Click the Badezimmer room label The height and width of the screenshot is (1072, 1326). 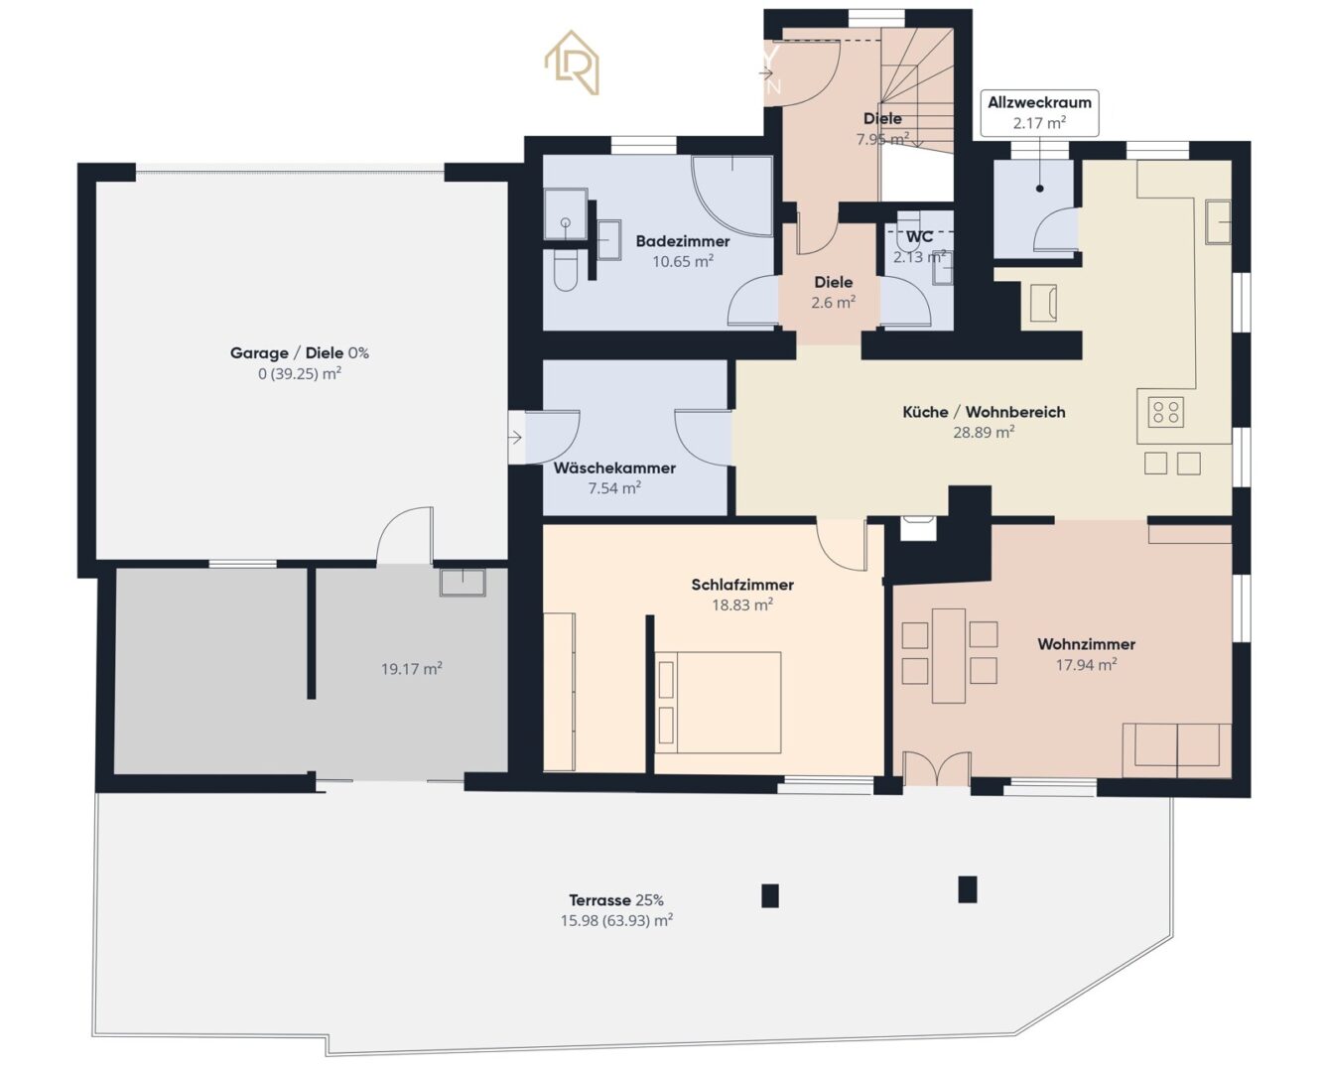682,241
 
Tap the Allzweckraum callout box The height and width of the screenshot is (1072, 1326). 1039,112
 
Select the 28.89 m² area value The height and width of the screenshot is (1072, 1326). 983,433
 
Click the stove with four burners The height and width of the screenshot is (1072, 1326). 1167,411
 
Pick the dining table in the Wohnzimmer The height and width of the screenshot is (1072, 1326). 948,655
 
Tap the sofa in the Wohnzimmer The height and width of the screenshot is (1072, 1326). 1176,749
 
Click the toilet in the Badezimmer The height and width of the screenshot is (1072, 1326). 565,270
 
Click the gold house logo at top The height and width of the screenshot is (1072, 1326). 572,63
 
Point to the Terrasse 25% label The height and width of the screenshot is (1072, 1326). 615,900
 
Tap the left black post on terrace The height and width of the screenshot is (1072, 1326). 770,895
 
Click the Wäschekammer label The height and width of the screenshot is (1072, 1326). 614,469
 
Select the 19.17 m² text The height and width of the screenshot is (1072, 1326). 411,669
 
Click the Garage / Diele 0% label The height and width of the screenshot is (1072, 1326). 299,353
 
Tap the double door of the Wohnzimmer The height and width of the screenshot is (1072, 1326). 936,769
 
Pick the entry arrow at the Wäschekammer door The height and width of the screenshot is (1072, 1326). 515,437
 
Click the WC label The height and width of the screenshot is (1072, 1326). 919,237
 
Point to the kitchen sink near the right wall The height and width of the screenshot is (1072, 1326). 1217,221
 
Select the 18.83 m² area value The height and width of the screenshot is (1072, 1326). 741,604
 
